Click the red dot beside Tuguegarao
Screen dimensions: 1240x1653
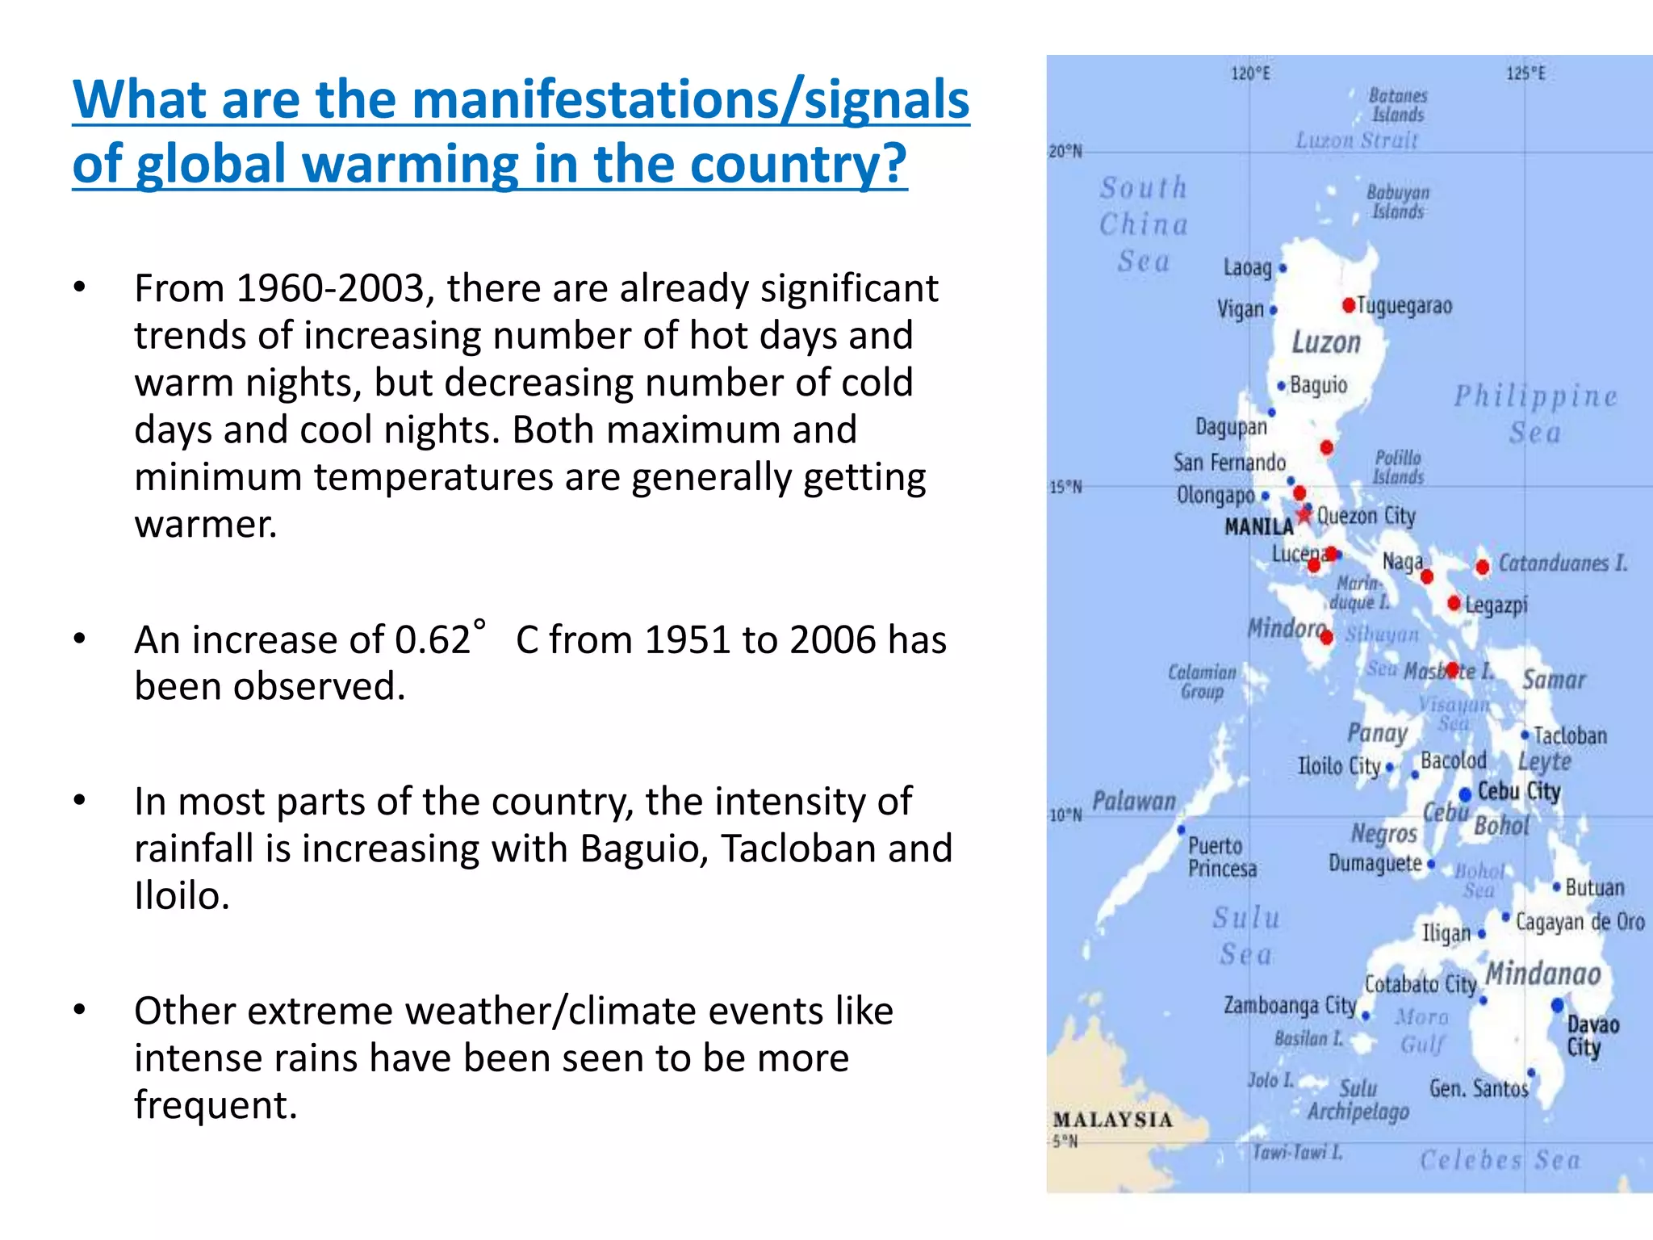click(x=1349, y=305)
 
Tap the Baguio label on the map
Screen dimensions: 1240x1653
click(x=1319, y=385)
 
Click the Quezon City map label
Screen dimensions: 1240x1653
click(x=1366, y=516)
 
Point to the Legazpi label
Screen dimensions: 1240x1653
click(x=1496, y=605)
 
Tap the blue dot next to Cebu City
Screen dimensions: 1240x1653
click(x=1465, y=795)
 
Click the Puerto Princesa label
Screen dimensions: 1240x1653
click(x=1222, y=857)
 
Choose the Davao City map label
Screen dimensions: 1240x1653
click(x=1592, y=1036)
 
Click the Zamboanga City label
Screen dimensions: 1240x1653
click(x=1290, y=1005)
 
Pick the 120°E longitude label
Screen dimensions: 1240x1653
click(x=1250, y=74)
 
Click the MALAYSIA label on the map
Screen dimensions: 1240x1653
click(x=1112, y=1120)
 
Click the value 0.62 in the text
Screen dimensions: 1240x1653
click(x=433, y=640)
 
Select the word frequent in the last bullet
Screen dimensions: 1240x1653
click(x=216, y=1105)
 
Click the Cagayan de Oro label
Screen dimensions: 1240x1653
click(x=1580, y=922)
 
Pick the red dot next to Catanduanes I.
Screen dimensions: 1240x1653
click(x=1482, y=568)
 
